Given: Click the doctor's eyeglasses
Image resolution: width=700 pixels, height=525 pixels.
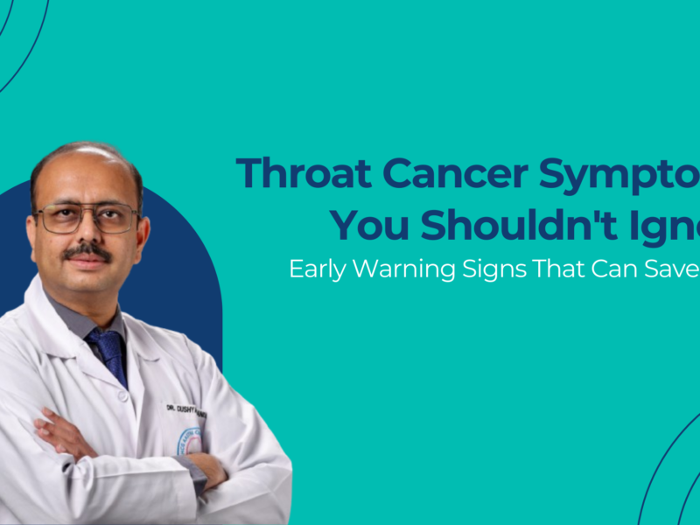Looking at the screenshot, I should click(87, 218).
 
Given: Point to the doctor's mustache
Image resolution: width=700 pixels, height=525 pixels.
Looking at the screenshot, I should click(87, 252).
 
